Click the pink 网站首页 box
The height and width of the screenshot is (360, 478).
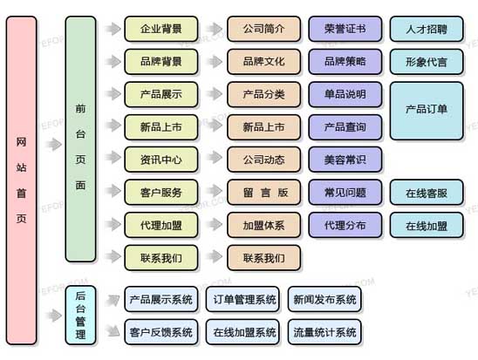tap(21, 180)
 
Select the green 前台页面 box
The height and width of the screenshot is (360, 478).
tap(80, 139)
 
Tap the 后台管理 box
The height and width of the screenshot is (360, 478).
tap(80, 316)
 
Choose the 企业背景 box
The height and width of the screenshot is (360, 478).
tap(161, 29)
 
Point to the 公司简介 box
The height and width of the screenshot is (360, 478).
tap(263, 29)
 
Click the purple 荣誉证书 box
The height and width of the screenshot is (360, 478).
tap(345, 29)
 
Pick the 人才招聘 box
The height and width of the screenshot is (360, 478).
tap(427, 29)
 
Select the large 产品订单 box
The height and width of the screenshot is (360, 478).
tap(427, 111)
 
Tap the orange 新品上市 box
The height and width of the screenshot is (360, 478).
tap(263, 127)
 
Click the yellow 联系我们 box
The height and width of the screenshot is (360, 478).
tap(161, 258)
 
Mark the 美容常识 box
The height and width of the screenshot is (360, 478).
tap(345, 160)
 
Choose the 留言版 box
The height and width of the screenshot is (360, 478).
tap(263, 193)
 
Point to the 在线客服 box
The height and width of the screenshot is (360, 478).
tap(427, 193)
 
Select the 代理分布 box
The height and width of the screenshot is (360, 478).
tap(345, 225)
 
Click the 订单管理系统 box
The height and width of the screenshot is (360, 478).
tap(242, 299)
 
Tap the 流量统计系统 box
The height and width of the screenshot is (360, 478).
tap(324, 332)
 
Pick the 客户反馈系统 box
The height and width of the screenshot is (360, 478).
tap(161, 332)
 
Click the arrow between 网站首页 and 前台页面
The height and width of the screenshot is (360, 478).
tap(54, 145)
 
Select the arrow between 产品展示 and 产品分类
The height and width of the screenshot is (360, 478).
tap(215, 94)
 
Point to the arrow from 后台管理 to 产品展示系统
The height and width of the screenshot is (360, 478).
tap(113, 301)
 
